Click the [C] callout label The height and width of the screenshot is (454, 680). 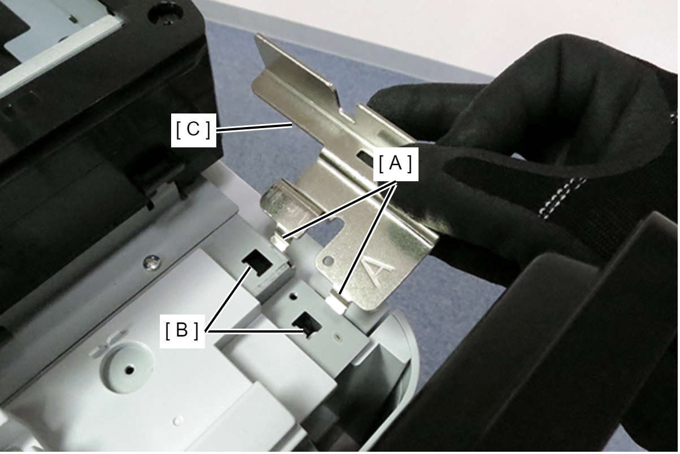click(x=193, y=130)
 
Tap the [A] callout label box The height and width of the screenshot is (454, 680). click(x=395, y=164)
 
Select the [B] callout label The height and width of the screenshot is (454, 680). click(x=182, y=330)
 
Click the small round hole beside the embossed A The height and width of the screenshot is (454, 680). click(x=328, y=260)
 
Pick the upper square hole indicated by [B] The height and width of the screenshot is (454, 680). click(x=257, y=262)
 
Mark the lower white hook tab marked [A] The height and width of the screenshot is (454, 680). click(x=337, y=303)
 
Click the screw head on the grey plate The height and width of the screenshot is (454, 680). click(x=152, y=262)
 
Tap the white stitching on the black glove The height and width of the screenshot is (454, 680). click(x=561, y=197)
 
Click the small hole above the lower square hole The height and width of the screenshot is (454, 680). click(x=293, y=295)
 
